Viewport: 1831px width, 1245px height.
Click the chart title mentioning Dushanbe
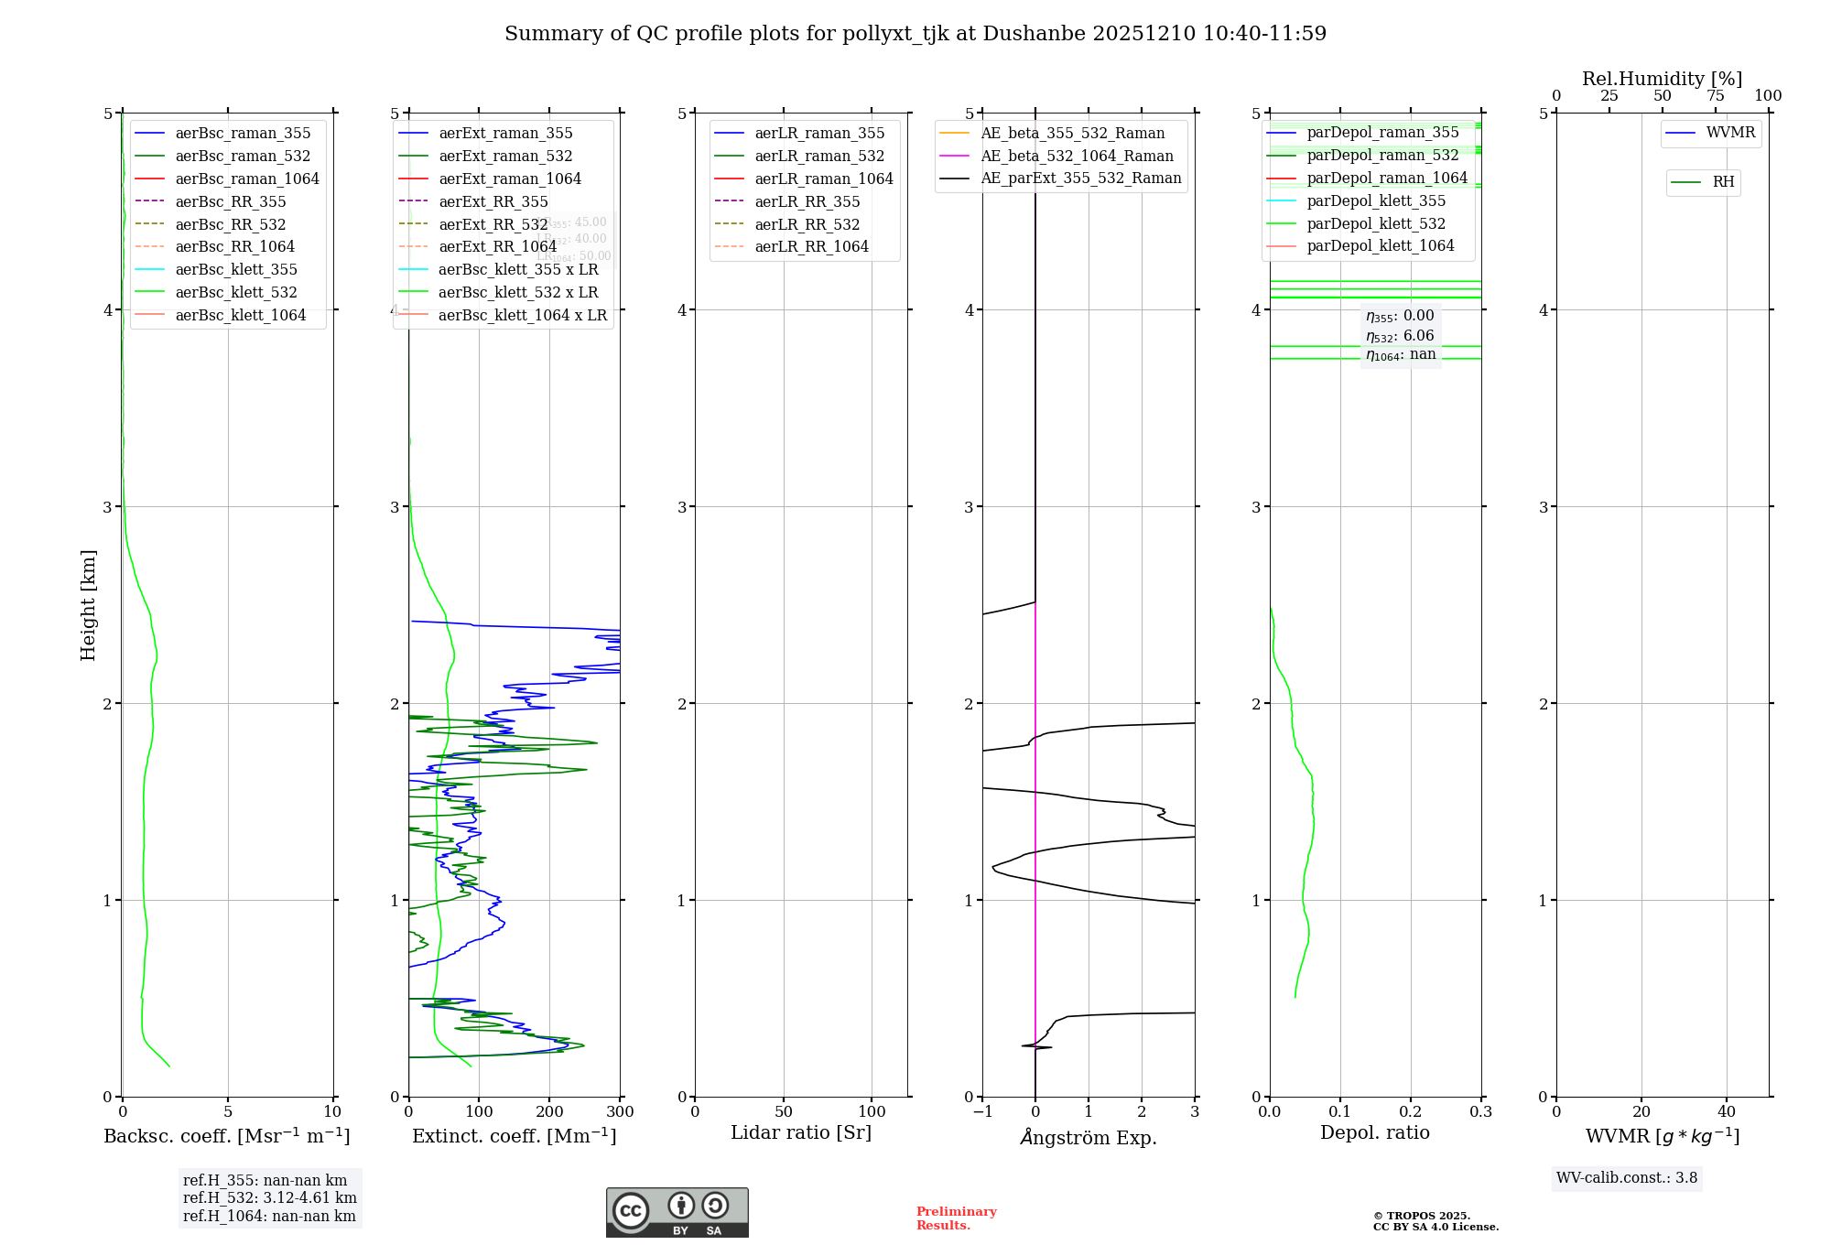(915, 34)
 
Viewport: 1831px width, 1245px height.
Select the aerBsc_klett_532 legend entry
(236, 292)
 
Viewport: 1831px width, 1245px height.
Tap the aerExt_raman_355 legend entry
(505, 133)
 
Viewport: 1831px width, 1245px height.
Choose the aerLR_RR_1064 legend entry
(811, 246)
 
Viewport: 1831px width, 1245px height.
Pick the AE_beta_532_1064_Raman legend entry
(1077, 156)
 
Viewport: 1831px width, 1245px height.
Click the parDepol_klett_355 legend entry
(1376, 200)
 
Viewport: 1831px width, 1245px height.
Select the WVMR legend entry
(1730, 133)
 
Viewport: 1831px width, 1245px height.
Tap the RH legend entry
(1723, 182)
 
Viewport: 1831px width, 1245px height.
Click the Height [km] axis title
(88, 604)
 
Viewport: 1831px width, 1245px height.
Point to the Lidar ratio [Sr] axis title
(801, 1132)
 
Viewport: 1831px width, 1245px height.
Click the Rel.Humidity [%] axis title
(1662, 79)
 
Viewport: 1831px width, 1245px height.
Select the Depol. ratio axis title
(1374, 1132)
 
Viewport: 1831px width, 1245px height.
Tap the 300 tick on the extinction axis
(620, 1111)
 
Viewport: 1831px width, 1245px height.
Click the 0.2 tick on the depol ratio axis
(1411, 1111)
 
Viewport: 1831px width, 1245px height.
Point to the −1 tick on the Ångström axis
(982, 1111)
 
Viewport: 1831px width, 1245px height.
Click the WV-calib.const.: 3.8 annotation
(1627, 1178)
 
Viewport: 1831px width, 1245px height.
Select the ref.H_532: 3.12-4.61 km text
(270, 1197)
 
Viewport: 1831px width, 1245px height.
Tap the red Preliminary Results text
(956, 1218)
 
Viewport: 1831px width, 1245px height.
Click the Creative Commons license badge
(677, 1212)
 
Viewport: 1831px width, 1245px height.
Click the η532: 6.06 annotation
(1400, 336)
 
